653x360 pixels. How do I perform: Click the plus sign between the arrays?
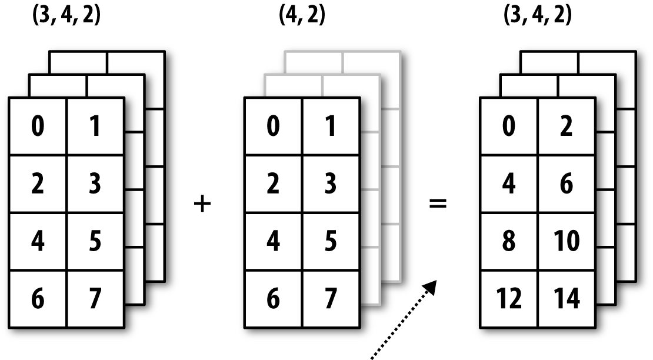pyautogui.click(x=202, y=205)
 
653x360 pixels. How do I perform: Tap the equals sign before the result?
pyautogui.click(x=438, y=205)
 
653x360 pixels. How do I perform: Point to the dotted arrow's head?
pyautogui.click(x=431, y=286)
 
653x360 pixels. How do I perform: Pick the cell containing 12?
pyautogui.click(x=509, y=298)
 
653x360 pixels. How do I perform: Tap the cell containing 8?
pyautogui.click(x=509, y=241)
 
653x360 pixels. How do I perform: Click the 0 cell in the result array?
pyautogui.click(x=509, y=126)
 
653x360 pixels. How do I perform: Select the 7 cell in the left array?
pyautogui.click(x=95, y=298)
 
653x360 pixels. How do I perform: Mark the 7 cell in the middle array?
pyautogui.click(x=331, y=298)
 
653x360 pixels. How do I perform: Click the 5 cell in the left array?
pyautogui.click(x=95, y=241)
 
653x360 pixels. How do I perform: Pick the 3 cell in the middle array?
pyautogui.click(x=331, y=184)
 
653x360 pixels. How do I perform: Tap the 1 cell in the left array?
pyautogui.click(x=95, y=126)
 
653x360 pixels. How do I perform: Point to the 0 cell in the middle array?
pyautogui.click(x=273, y=126)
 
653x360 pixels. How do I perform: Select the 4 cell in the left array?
pyautogui.click(x=38, y=241)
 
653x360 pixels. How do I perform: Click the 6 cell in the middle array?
pyautogui.click(x=273, y=298)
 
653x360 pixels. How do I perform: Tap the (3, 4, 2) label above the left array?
pyautogui.click(x=66, y=15)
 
